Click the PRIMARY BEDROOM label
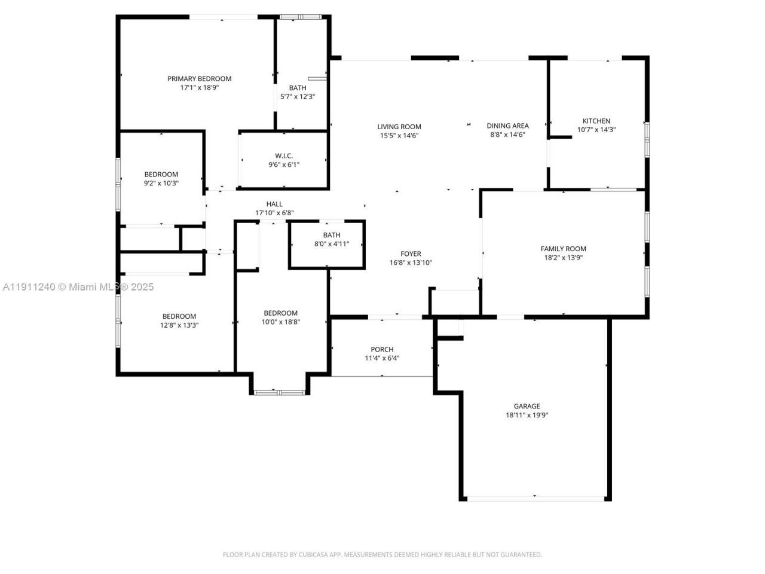click(x=199, y=78)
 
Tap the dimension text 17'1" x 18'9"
click(x=199, y=87)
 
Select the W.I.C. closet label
click(x=283, y=155)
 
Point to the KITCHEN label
click(x=596, y=121)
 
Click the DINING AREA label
click(x=507, y=126)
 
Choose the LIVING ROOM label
click(x=399, y=126)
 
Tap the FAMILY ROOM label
click(x=563, y=249)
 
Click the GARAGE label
click(x=527, y=406)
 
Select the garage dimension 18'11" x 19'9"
click(x=527, y=415)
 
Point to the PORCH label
click(x=382, y=349)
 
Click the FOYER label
click(x=411, y=254)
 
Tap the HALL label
click(x=274, y=204)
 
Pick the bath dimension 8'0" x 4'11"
click(x=331, y=244)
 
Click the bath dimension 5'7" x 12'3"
click(x=297, y=97)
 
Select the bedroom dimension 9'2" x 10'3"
click(x=161, y=184)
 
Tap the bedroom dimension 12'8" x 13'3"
click(x=179, y=325)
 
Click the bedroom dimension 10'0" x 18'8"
click(x=280, y=322)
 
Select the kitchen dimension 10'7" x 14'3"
click(x=596, y=130)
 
